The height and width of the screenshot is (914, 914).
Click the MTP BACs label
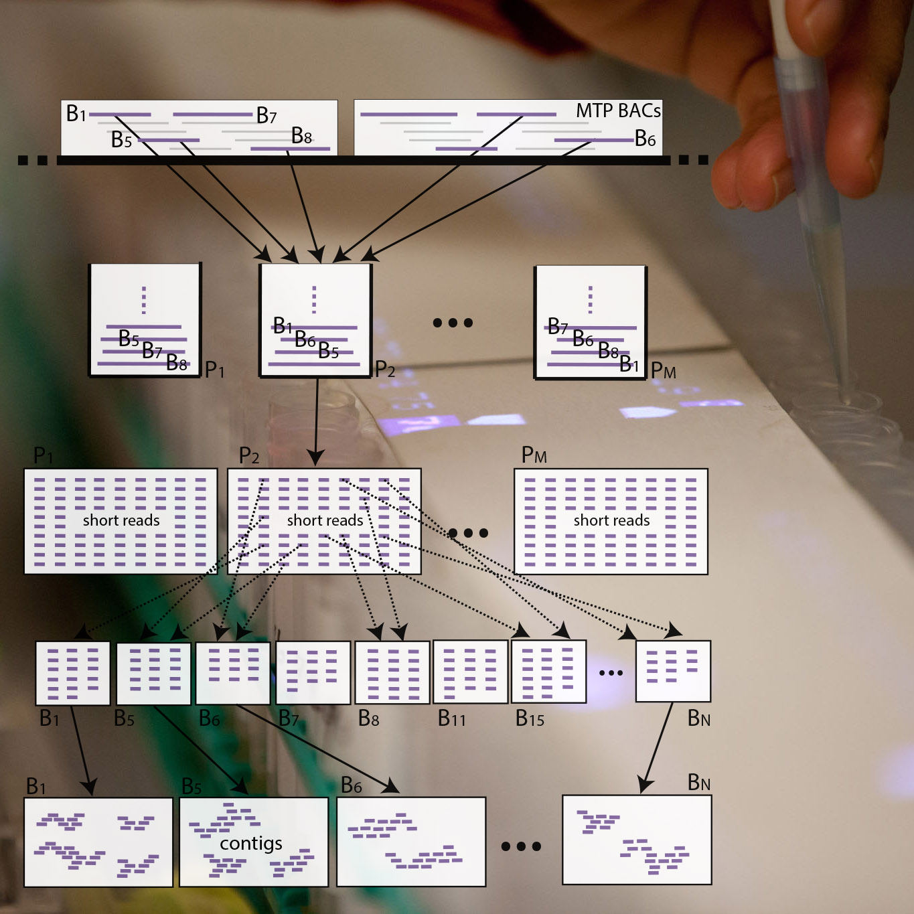tap(617, 111)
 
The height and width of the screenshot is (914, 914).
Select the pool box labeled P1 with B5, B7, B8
tap(145, 320)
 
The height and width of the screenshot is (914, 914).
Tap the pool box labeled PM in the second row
tap(590, 322)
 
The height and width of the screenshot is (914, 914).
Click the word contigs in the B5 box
tap(251, 843)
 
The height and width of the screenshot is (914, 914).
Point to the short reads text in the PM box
tap(611, 520)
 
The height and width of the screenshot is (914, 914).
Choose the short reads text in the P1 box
tap(121, 520)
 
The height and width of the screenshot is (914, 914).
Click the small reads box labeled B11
tap(470, 672)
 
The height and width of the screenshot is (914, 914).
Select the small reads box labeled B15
tap(548, 672)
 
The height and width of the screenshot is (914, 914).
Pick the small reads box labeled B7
tap(313, 672)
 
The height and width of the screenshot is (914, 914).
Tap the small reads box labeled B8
tap(392, 672)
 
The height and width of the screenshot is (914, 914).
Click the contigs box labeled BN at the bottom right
tap(637, 840)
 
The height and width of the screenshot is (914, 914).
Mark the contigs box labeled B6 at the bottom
tap(411, 842)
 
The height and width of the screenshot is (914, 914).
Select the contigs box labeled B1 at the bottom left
tap(98, 842)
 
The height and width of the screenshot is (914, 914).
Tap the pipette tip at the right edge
tap(845, 395)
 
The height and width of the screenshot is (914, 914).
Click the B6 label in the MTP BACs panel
tap(645, 139)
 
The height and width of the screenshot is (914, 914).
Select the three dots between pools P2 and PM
tap(453, 323)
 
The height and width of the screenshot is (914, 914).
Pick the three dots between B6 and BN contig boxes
tap(521, 846)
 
